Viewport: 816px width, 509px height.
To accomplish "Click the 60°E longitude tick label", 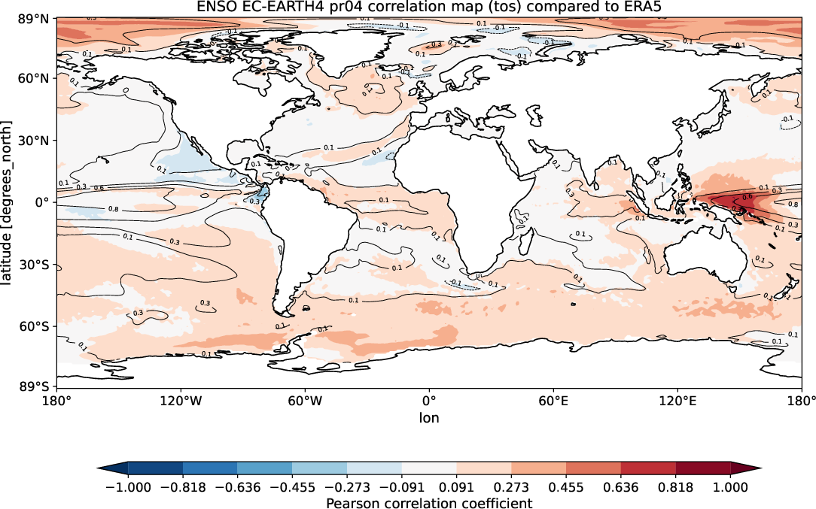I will [553, 401].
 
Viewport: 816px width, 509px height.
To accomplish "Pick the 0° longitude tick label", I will [429, 401].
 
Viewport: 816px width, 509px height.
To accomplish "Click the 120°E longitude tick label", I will [677, 401].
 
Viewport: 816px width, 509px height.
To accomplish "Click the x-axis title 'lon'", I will [429, 417].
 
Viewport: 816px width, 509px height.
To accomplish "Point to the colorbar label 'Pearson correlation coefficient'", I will [429, 503].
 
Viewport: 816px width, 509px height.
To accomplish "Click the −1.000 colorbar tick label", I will [128, 486].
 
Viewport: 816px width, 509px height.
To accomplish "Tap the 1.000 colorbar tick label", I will [730, 486].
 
